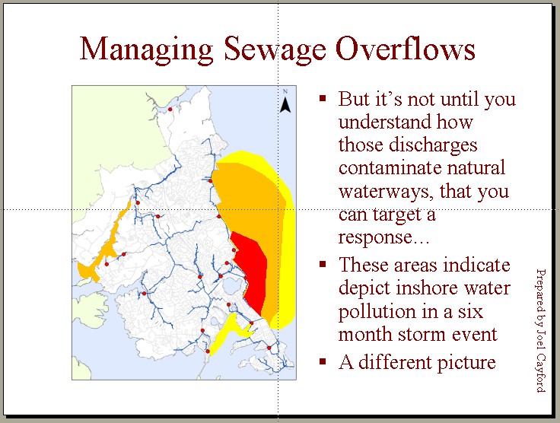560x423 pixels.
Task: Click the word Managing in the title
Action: [x=146, y=49]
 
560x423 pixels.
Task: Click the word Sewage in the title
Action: [x=275, y=49]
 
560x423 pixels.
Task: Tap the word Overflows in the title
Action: [x=406, y=48]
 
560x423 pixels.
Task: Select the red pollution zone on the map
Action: [x=250, y=272]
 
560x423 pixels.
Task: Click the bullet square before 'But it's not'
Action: [x=323, y=98]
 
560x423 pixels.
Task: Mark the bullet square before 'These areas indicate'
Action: [x=323, y=264]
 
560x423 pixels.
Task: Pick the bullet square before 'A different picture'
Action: [x=323, y=361]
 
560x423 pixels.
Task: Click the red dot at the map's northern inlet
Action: [x=170, y=110]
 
